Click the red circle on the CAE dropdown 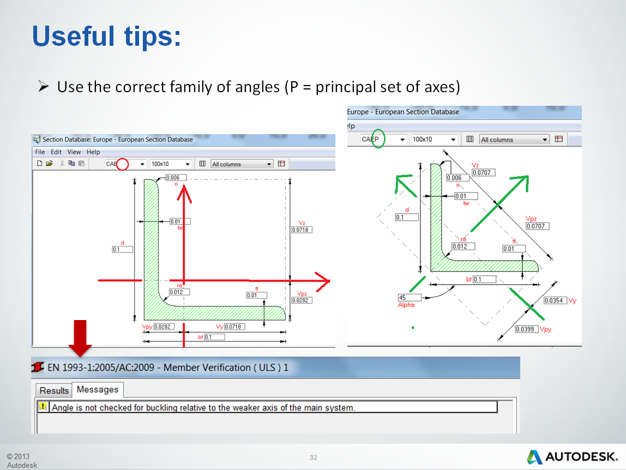(123, 164)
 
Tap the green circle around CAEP (378, 138)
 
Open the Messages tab (98, 390)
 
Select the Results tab (54, 390)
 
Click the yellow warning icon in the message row (43, 407)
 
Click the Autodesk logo (572, 456)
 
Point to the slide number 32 (313, 457)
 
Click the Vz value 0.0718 (302, 230)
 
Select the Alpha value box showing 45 (409, 298)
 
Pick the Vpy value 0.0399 (527, 329)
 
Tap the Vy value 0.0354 (556, 300)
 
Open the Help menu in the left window (93, 152)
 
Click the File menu (40, 152)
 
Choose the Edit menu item (56, 152)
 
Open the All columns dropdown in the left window (242, 164)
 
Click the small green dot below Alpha (413, 328)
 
